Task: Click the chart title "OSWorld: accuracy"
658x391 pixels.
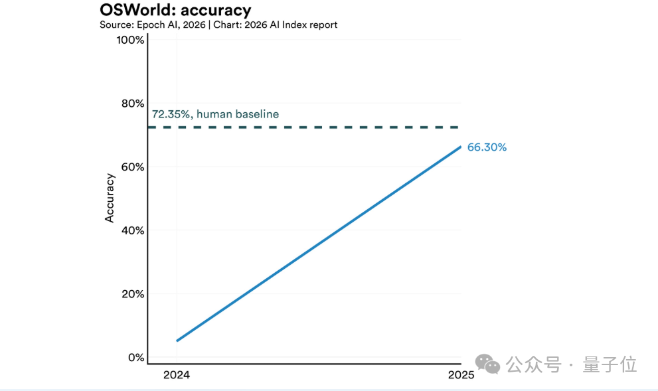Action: [x=175, y=10]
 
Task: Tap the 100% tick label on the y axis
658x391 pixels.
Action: [x=130, y=40]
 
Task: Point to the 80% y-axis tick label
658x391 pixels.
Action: [x=131, y=104]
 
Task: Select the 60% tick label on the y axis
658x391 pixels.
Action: [x=131, y=167]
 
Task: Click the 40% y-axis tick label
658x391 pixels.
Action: [x=131, y=230]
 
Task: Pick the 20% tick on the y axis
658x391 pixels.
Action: [x=131, y=294]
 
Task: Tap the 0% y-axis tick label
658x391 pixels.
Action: [x=135, y=358]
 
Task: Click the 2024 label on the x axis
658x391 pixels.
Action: [x=177, y=375]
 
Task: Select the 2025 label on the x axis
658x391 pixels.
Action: [x=461, y=375]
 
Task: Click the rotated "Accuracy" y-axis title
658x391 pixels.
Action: [x=110, y=198]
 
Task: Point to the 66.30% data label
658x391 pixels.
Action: [x=487, y=147]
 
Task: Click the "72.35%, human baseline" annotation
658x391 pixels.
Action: [x=215, y=114]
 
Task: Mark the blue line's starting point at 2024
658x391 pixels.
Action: [x=177, y=341]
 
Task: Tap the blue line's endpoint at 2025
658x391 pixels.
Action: [x=460, y=147]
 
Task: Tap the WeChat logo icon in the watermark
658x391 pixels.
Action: [x=491, y=364]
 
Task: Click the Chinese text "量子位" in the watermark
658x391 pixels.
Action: [x=610, y=364]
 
